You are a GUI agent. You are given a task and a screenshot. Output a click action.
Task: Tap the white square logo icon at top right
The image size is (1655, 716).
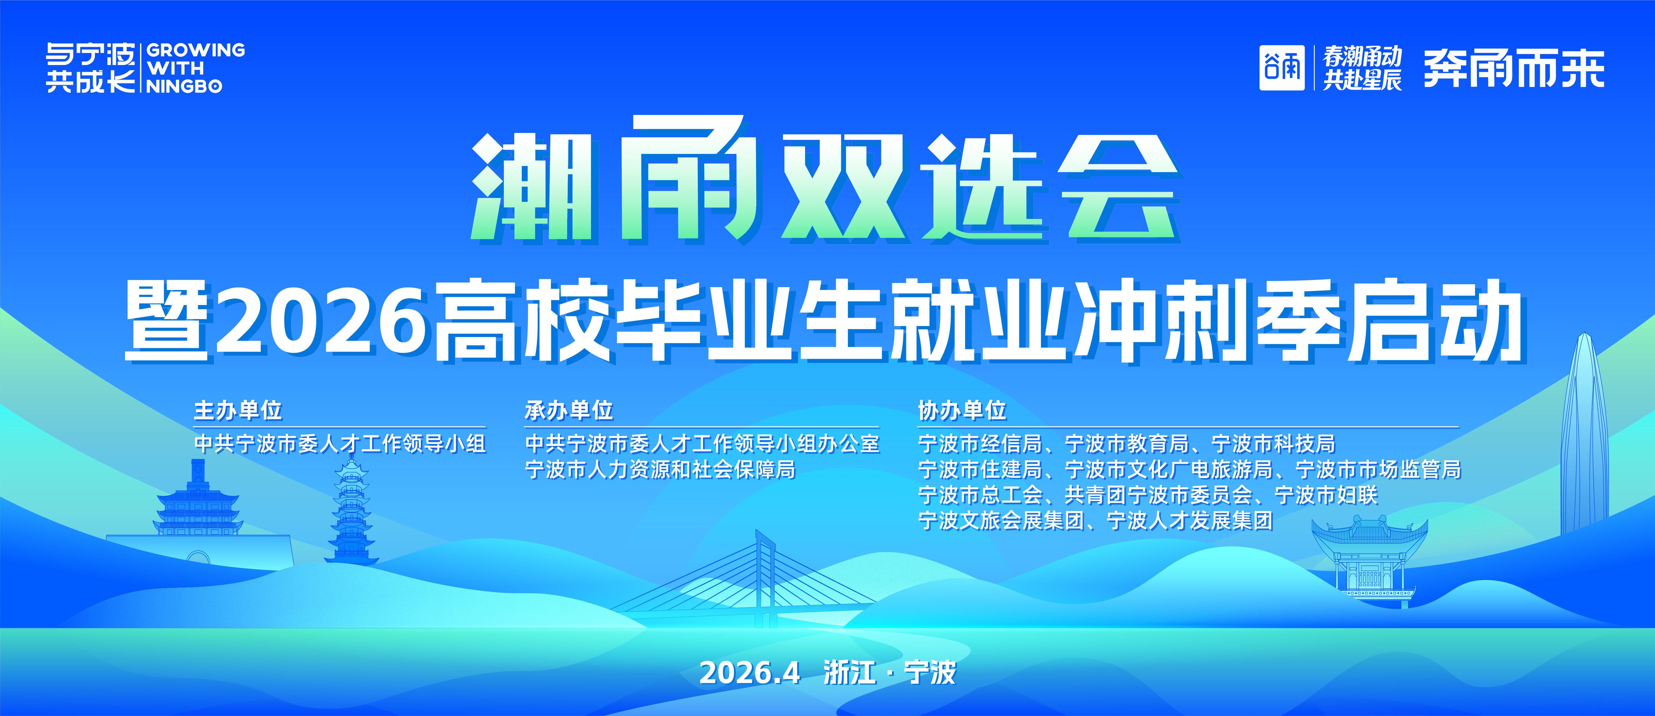1282,68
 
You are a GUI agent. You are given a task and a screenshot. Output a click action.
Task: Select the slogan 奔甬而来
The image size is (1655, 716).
1514,68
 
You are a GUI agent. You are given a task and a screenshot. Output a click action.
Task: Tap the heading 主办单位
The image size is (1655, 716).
238,410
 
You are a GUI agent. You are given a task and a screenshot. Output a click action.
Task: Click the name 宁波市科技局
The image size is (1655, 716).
1273,444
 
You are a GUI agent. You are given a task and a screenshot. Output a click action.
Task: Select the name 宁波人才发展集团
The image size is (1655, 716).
1190,520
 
